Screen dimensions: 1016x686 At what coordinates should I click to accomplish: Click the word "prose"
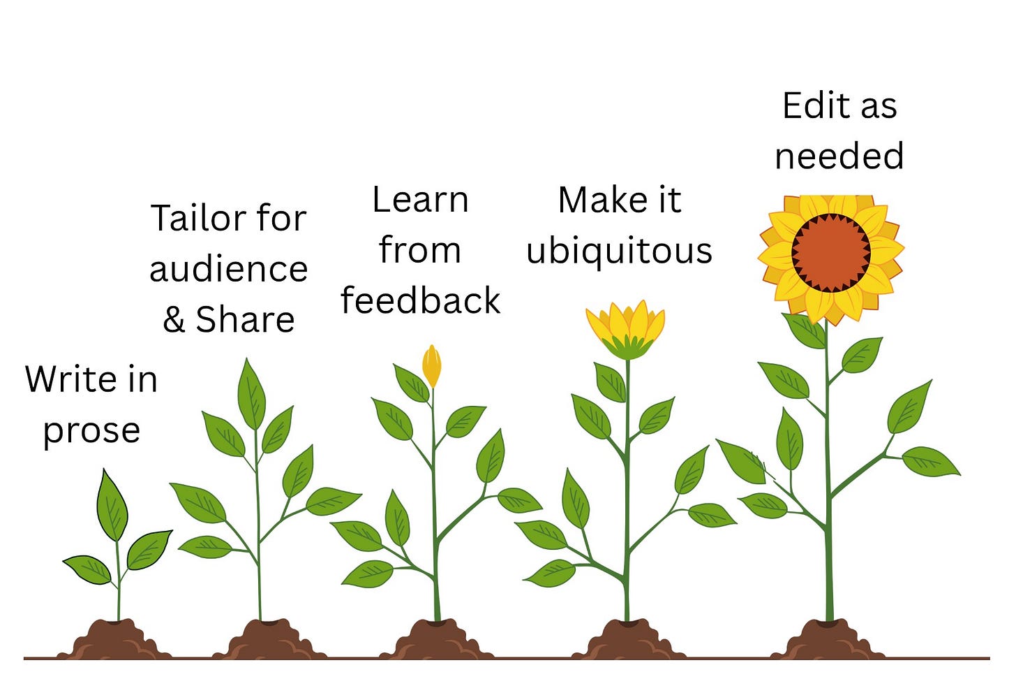click(x=91, y=431)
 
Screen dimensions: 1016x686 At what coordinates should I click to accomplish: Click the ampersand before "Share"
click(x=174, y=320)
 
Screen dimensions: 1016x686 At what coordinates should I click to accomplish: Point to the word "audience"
click(x=228, y=270)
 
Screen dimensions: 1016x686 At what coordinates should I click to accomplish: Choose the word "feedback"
click(x=420, y=301)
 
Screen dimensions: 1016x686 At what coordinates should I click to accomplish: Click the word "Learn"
click(x=420, y=200)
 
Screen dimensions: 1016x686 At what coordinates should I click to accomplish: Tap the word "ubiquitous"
click(x=619, y=251)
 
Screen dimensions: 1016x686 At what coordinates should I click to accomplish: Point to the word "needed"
click(x=839, y=156)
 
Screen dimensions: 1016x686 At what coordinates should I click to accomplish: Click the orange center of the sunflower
click(x=830, y=252)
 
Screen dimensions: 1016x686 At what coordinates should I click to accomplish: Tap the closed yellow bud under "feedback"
click(x=432, y=365)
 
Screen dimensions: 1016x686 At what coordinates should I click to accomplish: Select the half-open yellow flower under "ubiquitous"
click(x=626, y=328)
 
